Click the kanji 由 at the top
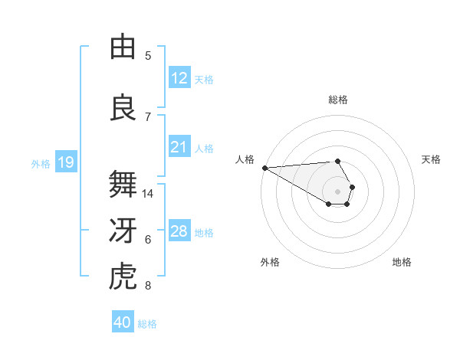[x=123, y=47]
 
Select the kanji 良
[x=123, y=108]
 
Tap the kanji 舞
[x=123, y=185]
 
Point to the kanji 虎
[x=123, y=278]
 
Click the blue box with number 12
[x=179, y=78]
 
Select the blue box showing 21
[x=179, y=147]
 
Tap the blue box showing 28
[x=179, y=231]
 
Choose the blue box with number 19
[x=65, y=162]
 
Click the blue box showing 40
[x=123, y=322]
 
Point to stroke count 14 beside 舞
[x=149, y=194]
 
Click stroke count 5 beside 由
[x=148, y=56]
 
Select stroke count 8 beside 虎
[x=148, y=286]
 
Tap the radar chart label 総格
[x=337, y=100]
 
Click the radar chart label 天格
[x=431, y=159]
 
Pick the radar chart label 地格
[x=402, y=262]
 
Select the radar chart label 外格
[x=270, y=262]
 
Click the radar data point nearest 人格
[x=264, y=168]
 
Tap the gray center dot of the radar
[x=337, y=191]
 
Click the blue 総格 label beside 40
[x=147, y=324]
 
